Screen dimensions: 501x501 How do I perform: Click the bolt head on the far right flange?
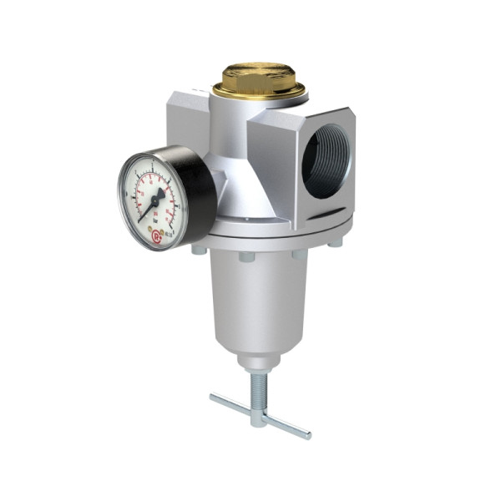335,243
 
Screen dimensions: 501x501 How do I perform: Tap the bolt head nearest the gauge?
199,248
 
